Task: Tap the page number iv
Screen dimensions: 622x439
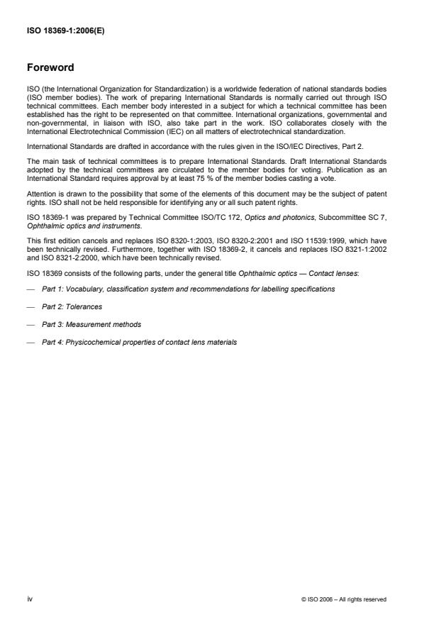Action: click(x=30, y=599)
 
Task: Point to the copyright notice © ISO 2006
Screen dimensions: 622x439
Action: click(x=343, y=599)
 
